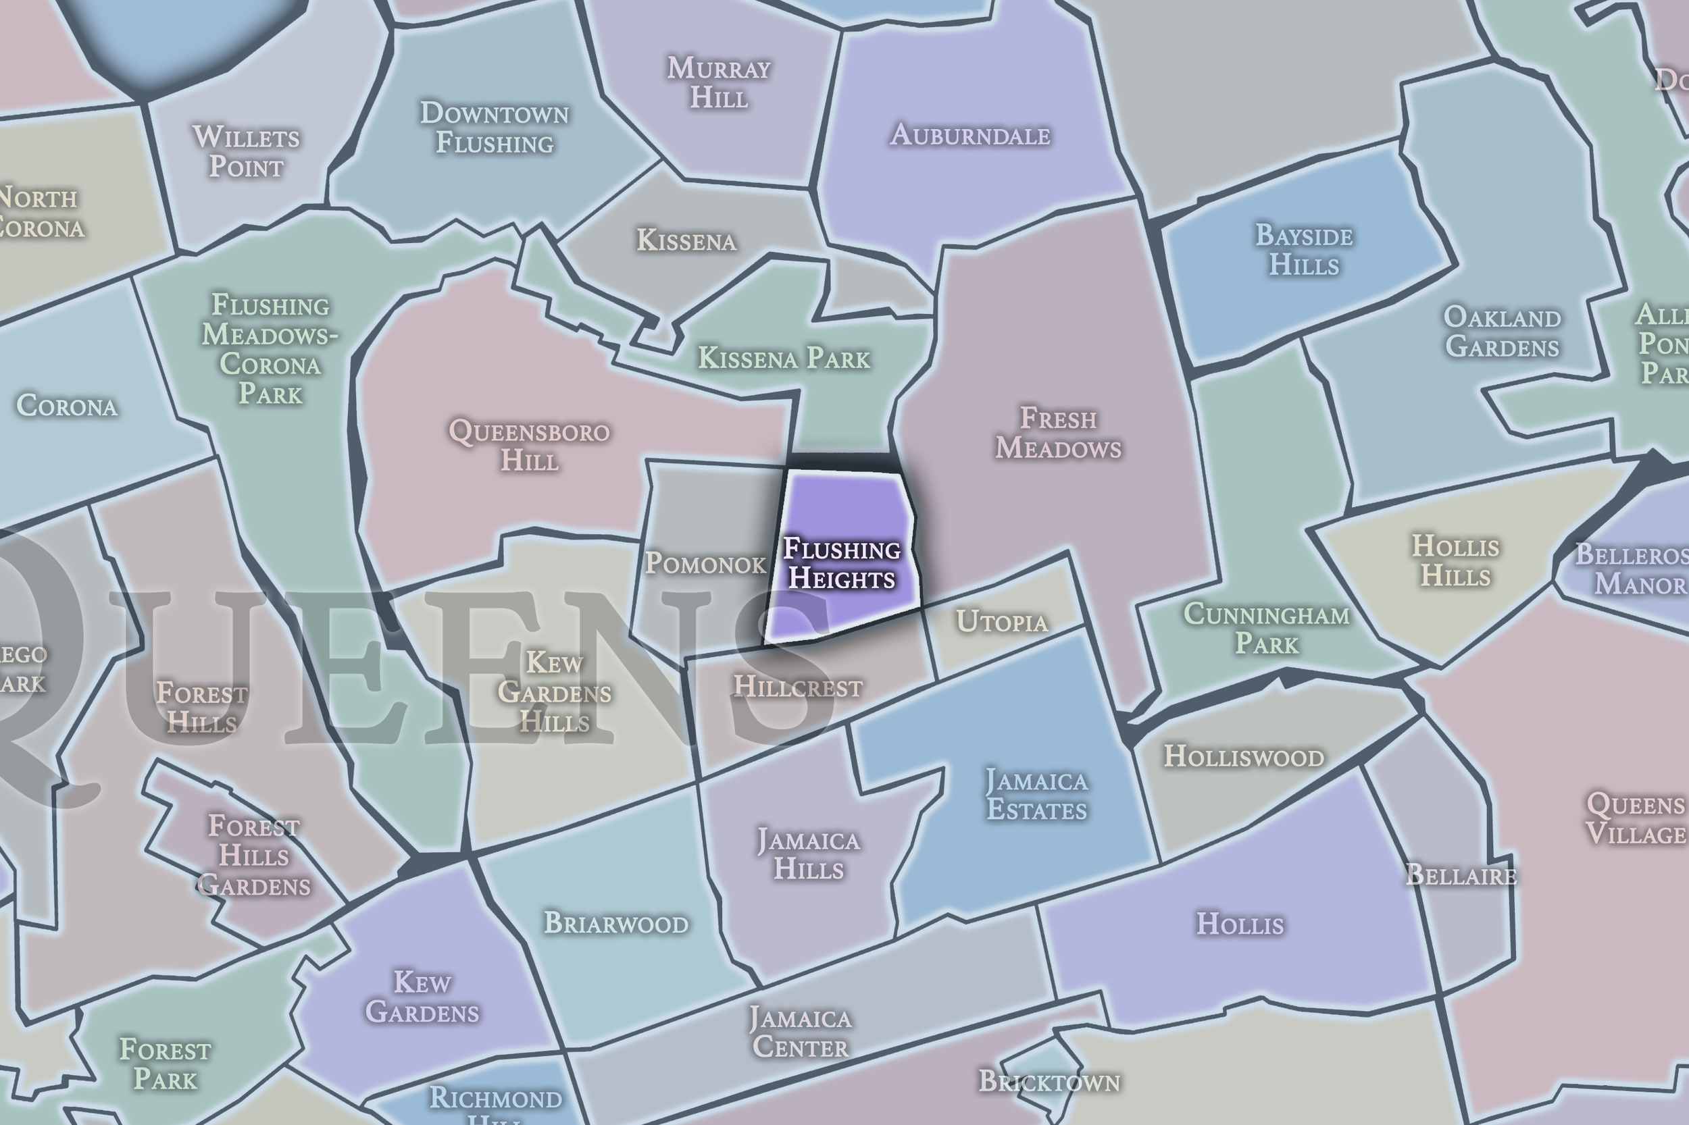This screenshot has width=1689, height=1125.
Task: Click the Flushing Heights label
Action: (x=841, y=564)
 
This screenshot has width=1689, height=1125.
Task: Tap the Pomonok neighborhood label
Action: (x=705, y=564)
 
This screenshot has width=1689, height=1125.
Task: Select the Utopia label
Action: (x=1002, y=622)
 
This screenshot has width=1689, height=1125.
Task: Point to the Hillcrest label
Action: (x=797, y=687)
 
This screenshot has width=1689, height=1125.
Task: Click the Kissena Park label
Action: (x=784, y=358)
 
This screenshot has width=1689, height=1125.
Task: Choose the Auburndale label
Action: (x=969, y=135)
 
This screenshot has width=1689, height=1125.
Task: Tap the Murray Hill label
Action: (x=719, y=83)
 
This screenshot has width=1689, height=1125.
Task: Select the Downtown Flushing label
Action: (x=495, y=128)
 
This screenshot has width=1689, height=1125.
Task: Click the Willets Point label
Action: (x=246, y=152)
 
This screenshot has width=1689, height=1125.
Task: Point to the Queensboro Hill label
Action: (x=529, y=446)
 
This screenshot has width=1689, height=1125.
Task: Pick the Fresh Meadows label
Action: (x=1058, y=434)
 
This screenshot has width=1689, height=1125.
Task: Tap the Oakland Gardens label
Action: (x=1502, y=332)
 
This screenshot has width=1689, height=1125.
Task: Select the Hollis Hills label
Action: (x=1455, y=561)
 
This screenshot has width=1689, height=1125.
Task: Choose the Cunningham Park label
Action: (x=1266, y=629)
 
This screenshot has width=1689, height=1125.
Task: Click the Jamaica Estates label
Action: (x=1036, y=795)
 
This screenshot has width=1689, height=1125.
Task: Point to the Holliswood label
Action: (x=1243, y=757)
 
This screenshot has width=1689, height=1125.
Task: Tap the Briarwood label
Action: (x=616, y=922)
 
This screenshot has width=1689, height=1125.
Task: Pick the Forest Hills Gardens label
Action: (x=253, y=856)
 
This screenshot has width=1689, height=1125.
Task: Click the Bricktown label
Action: (x=1049, y=1082)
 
